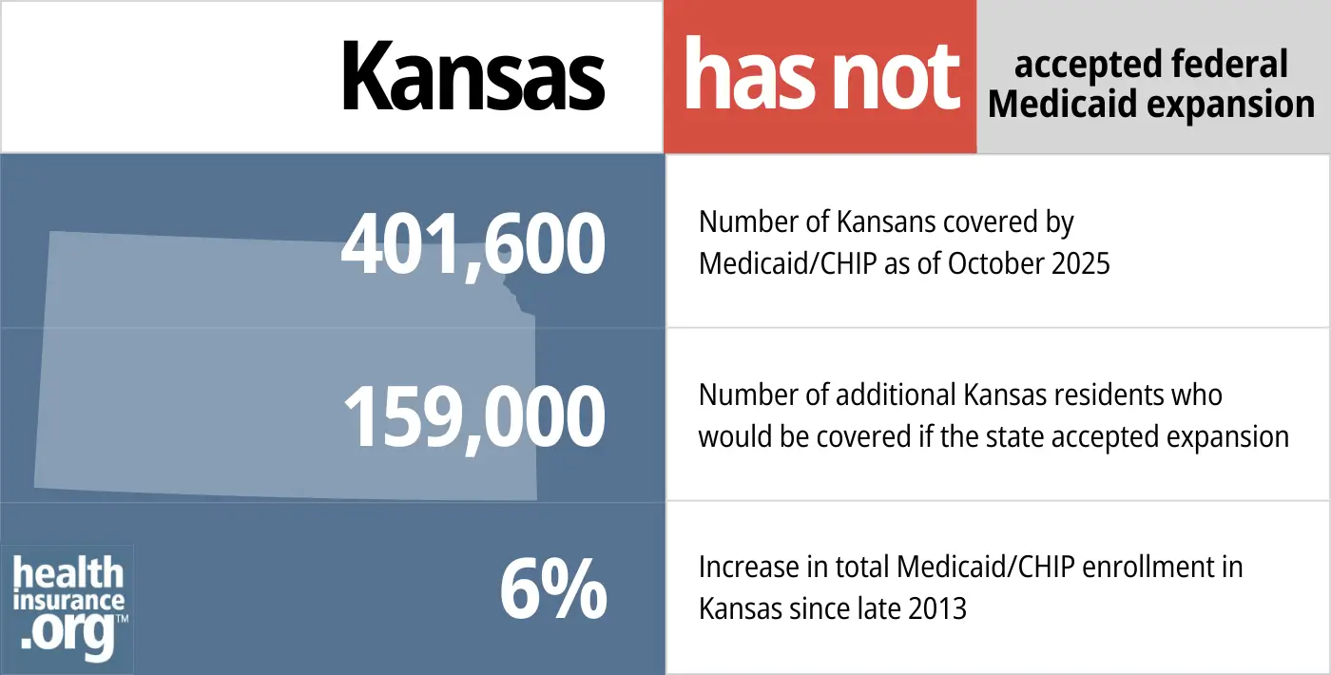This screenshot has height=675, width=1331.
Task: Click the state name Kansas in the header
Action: click(473, 76)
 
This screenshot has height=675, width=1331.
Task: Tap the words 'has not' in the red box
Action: click(821, 76)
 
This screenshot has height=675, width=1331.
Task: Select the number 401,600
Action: click(473, 244)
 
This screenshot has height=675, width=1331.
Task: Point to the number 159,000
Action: click(473, 417)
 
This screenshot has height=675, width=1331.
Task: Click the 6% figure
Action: click(553, 590)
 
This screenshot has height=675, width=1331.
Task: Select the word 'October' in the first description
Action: click(984, 263)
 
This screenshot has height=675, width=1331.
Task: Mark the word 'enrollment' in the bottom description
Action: click(1146, 568)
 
